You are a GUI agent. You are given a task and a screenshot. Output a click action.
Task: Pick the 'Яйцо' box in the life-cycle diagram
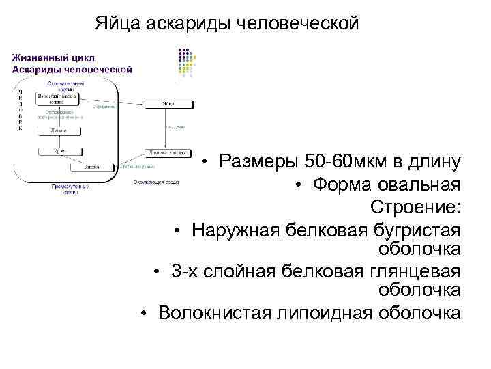click(x=168, y=104)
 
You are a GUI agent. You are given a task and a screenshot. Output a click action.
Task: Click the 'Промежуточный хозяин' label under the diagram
click(x=68, y=190)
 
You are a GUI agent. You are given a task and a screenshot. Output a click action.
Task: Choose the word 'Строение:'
click(x=416, y=207)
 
